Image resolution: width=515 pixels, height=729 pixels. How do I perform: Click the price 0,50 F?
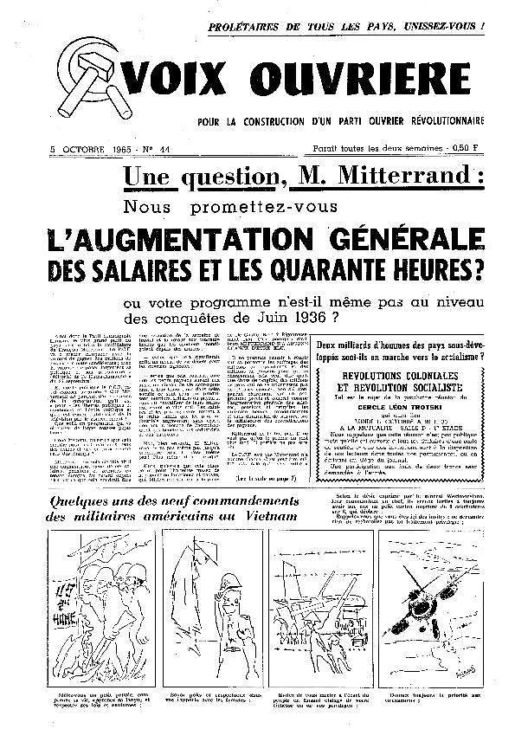489,148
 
